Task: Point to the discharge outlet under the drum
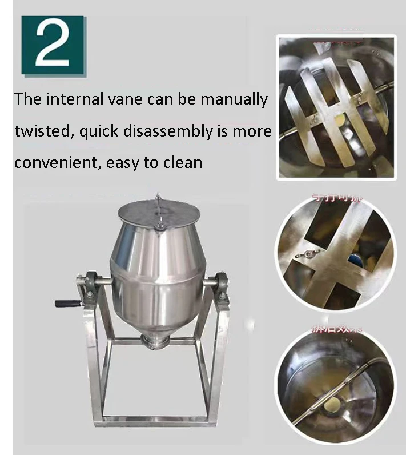[x=155, y=342]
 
